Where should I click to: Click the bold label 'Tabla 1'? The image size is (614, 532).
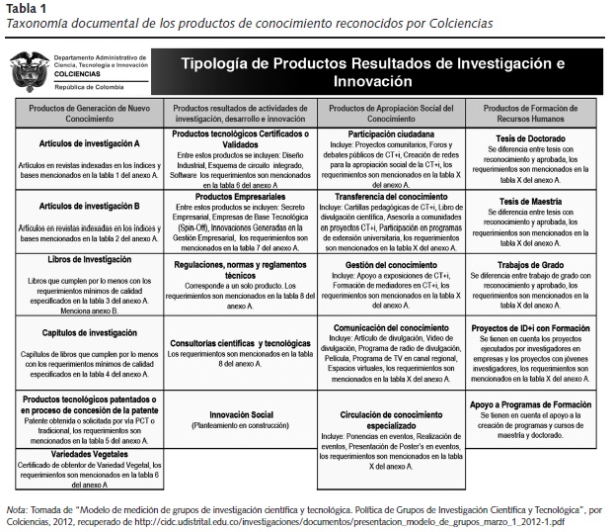click(x=22, y=8)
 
